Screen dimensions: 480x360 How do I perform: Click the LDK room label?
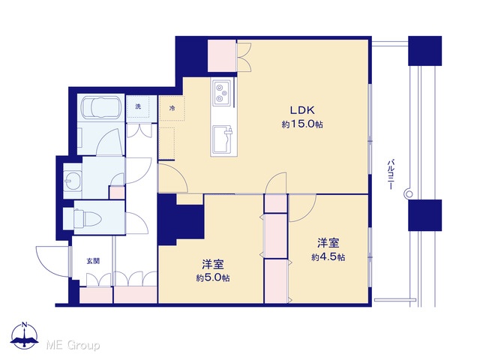pos(302,110)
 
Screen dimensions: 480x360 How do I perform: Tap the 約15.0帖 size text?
pos(302,124)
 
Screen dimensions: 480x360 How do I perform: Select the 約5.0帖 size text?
pos(213,278)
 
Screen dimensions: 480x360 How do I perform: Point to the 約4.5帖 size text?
pos(328,257)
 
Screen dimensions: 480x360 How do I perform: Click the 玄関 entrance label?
pos(93,261)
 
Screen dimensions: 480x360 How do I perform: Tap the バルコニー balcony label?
pos(390,174)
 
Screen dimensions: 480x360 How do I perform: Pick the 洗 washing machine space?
pos(138,106)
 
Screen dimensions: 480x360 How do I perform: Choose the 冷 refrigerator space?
pos(172,108)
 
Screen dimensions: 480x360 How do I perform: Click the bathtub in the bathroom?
pos(100,107)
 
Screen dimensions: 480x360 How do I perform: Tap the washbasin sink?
pos(73,181)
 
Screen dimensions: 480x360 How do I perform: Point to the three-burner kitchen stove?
pos(222,92)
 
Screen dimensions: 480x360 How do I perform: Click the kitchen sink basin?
pos(223,139)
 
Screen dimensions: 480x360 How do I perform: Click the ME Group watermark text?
pos(73,346)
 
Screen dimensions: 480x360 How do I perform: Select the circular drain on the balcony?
pos(409,193)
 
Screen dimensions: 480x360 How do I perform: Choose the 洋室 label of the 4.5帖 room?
pos(328,243)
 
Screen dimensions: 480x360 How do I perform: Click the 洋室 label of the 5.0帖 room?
pos(213,264)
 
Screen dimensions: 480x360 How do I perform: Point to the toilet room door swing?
pos(136,223)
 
